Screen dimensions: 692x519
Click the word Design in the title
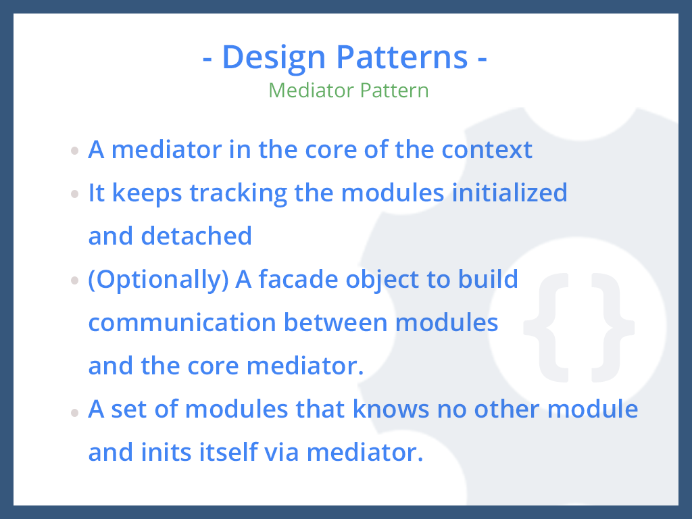point(274,58)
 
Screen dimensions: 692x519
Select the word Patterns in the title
point(401,57)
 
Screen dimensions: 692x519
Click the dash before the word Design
point(207,60)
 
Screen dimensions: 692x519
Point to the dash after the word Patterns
point(482,60)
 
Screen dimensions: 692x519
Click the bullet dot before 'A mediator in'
point(74,151)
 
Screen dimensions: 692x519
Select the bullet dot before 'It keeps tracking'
point(74,194)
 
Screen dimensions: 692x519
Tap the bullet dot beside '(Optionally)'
point(74,280)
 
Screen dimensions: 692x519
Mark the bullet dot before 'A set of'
point(74,412)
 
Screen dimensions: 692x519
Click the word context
point(487,149)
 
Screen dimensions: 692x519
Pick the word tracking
point(239,194)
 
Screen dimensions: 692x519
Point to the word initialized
point(510,193)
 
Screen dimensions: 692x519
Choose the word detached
point(197,236)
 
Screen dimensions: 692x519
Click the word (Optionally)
point(158,280)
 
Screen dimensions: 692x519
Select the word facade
point(298,279)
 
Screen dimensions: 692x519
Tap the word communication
point(182,322)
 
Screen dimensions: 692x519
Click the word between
point(336,322)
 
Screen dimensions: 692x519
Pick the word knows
point(391,409)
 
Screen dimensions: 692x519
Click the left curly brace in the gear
point(546,328)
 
